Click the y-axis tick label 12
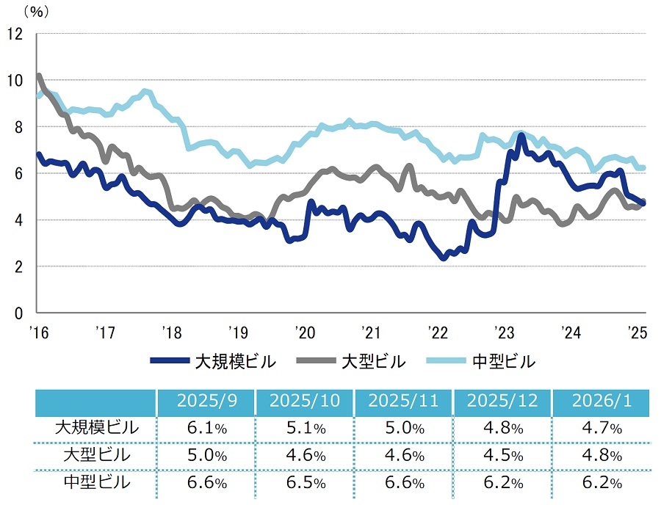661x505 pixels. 15,34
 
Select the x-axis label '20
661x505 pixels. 304,332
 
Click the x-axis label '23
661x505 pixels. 503,332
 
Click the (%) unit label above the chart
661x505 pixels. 35,11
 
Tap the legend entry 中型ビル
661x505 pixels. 502,361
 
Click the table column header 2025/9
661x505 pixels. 206,402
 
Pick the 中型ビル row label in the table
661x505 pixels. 96,482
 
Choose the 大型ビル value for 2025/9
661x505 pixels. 206,455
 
